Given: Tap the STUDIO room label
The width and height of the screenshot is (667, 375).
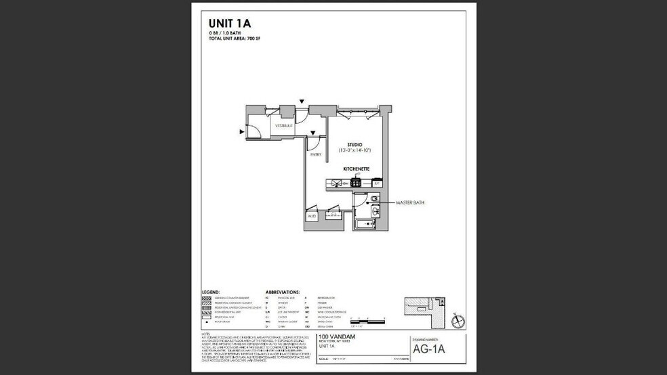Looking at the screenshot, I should [354, 144].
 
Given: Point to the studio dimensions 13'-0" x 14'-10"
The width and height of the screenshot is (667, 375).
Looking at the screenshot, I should [355, 150].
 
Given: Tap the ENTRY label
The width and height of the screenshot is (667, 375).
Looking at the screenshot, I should [316, 154].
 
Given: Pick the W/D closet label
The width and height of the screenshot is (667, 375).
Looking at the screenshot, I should [312, 217].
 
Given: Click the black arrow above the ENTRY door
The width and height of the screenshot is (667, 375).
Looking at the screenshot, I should [312, 133].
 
